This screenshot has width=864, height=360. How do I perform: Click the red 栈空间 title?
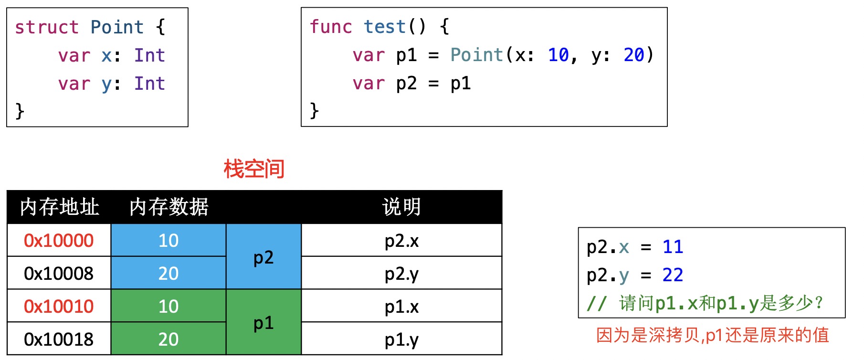(254, 169)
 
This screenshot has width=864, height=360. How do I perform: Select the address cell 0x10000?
(59, 241)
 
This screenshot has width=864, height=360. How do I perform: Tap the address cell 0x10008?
(59, 274)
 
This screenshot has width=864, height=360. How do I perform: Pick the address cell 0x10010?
(59, 307)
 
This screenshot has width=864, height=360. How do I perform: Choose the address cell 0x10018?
(59, 339)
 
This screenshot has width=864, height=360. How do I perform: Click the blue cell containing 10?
(168, 241)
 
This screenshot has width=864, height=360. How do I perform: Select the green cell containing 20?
(168, 339)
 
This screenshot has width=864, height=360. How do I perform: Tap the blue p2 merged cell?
(263, 257)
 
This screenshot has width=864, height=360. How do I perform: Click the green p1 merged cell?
(263, 323)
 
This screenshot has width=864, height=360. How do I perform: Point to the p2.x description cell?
(401, 241)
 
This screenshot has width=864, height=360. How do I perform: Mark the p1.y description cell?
(401, 339)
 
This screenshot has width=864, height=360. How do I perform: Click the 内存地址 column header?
(60, 207)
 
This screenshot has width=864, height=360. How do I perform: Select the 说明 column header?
(401, 207)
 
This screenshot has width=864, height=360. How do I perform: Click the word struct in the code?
(46, 27)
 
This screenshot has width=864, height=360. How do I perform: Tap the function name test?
(384, 27)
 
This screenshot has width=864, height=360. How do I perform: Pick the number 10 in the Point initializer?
(558, 55)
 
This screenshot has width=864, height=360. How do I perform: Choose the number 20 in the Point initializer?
(634, 55)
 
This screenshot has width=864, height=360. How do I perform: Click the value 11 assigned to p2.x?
(673, 247)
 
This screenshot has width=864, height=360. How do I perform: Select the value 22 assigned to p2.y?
(673, 275)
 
